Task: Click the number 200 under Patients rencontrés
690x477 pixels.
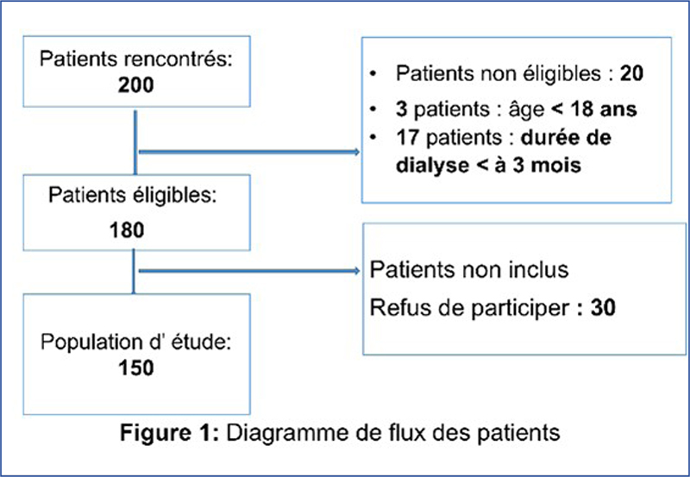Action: pyautogui.click(x=135, y=85)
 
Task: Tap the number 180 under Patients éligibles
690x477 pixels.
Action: pyautogui.click(x=127, y=230)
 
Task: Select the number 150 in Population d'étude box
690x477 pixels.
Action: pyautogui.click(x=136, y=367)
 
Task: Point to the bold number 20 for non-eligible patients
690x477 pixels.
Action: pyautogui.click(x=632, y=73)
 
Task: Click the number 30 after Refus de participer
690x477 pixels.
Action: pyautogui.click(x=603, y=307)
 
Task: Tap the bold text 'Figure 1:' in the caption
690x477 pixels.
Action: pyautogui.click(x=169, y=432)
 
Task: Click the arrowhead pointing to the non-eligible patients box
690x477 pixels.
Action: pyautogui.click(x=356, y=152)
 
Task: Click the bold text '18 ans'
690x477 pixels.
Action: pyautogui.click(x=603, y=110)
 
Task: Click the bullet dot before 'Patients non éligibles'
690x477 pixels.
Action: pyautogui.click(x=373, y=73)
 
